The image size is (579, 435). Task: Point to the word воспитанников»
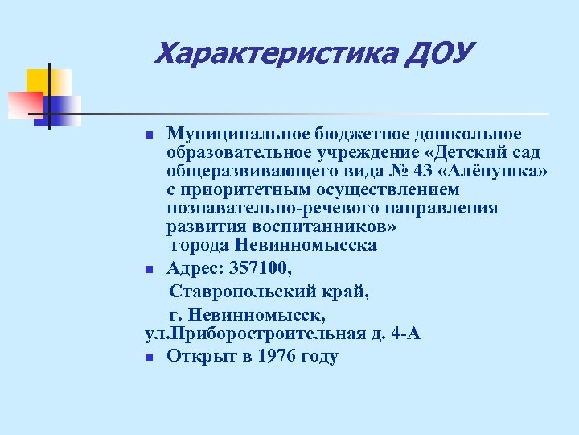pyautogui.click(x=326, y=226)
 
